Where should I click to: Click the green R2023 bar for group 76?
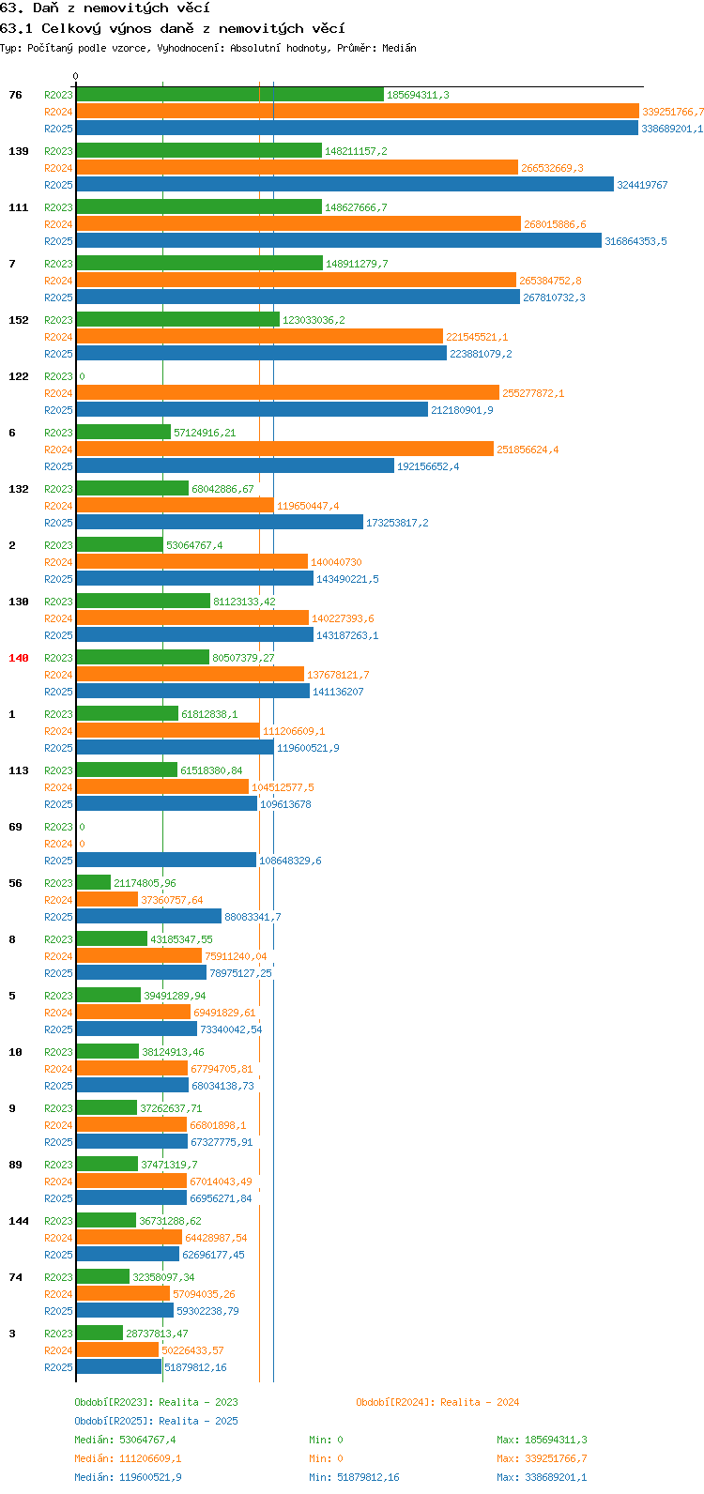click(230, 95)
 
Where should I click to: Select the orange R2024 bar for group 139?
click(297, 168)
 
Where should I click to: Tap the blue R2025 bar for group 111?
click(339, 241)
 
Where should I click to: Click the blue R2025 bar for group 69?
click(166, 861)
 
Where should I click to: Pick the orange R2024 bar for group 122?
click(287, 393)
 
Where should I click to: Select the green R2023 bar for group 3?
click(99, 1334)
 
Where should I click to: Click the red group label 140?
click(19, 658)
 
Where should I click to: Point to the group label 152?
click(19, 320)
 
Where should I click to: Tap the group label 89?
click(15, 1165)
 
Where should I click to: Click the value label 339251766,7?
click(673, 112)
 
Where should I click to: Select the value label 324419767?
click(642, 185)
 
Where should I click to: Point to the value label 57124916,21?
click(205, 433)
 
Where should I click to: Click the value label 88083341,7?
click(253, 917)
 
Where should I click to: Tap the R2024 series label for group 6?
click(58, 450)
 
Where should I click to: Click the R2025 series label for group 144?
click(58, 1255)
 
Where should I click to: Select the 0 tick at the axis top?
click(75, 77)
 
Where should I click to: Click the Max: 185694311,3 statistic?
click(542, 1440)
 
